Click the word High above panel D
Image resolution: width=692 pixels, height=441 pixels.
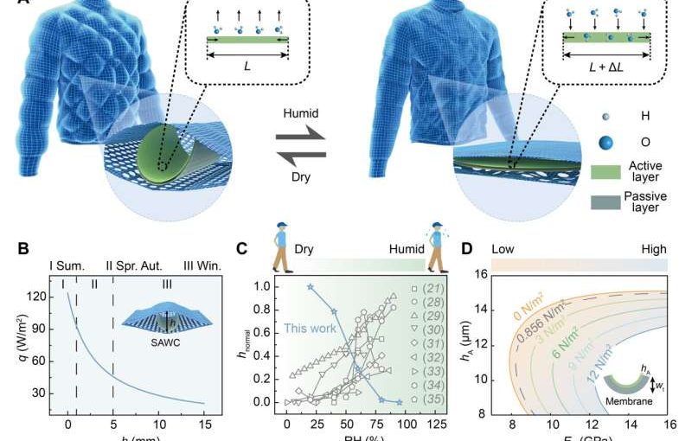tap(653, 249)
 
